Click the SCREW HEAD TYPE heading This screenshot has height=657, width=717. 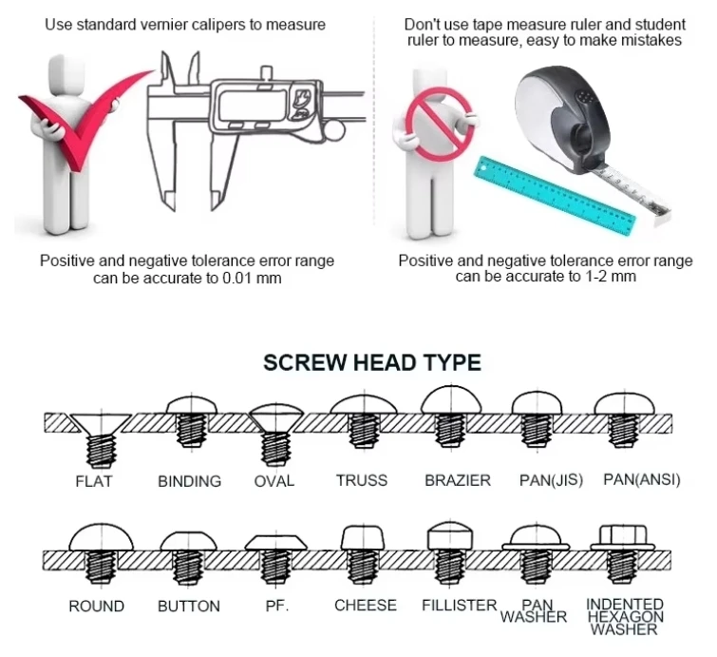372,362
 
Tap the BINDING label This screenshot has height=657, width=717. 189,481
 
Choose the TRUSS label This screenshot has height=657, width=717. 361,480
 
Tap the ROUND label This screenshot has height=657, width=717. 96,606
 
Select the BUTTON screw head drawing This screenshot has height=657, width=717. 189,556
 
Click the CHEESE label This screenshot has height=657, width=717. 365,605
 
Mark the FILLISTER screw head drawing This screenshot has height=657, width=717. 452,554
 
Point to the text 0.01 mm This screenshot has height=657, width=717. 251,278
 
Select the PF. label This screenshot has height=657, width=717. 274,606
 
